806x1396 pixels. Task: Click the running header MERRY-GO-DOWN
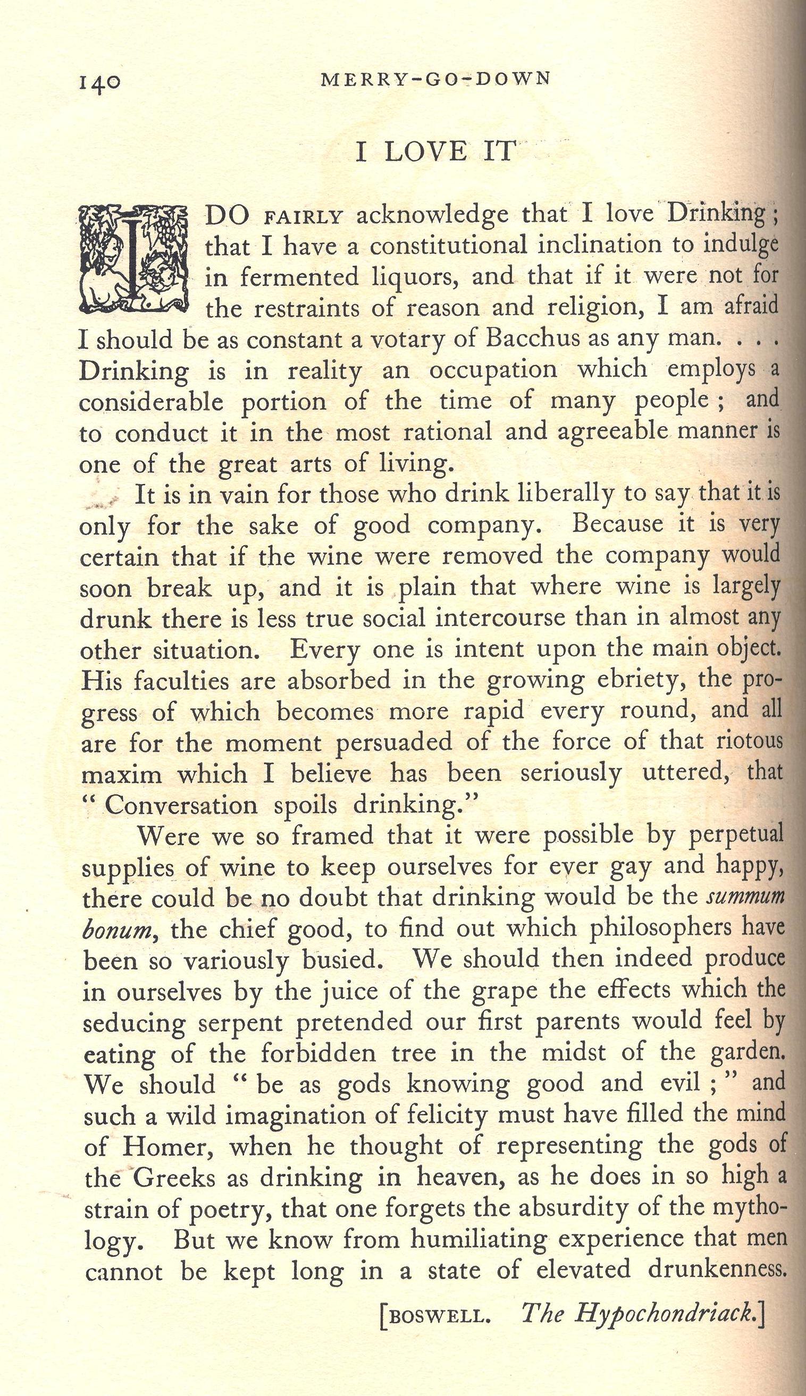click(x=435, y=79)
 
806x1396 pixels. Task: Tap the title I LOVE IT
click(x=435, y=152)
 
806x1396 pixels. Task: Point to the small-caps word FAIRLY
click(x=304, y=217)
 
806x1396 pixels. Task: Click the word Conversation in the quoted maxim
click(x=181, y=806)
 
